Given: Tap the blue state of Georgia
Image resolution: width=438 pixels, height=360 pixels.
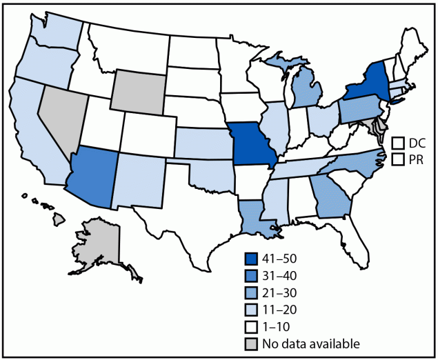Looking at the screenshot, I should [330, 195].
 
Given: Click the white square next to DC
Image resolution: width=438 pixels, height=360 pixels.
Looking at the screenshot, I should [397, 143].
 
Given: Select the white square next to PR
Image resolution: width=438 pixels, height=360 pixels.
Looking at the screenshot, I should [397, 159].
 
